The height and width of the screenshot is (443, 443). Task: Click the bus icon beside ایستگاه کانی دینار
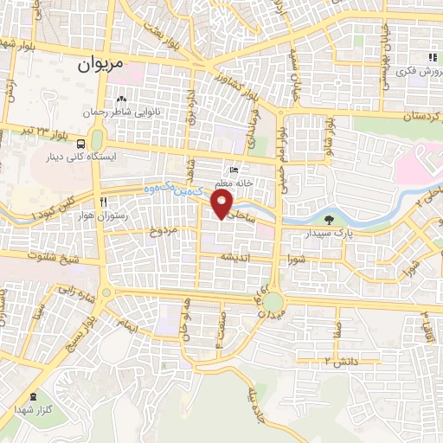[x=80, y=144]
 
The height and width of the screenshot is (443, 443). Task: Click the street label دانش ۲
[x=340, y=358]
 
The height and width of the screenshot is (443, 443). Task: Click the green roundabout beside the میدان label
[x=273, y=302]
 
